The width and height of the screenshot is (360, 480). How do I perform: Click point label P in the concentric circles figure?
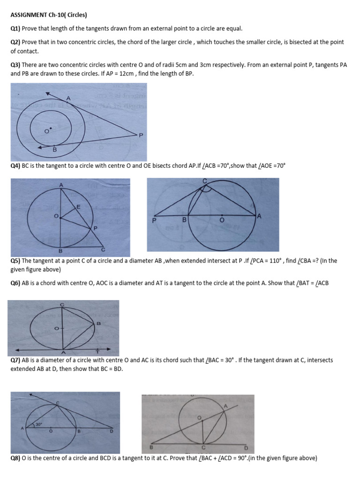pos(140,135)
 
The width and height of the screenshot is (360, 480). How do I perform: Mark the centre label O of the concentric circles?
pos(46,131)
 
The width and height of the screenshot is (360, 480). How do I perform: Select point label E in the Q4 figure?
pos(78,206)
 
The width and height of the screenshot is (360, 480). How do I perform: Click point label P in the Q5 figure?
pos(153,219)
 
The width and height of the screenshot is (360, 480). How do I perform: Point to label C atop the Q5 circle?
pos(204,180)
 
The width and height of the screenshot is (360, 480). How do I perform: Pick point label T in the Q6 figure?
pos(97,352)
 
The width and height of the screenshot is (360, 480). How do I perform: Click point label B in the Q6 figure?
pos(98,323)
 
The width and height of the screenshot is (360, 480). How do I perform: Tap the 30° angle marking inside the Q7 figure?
pos(39,425)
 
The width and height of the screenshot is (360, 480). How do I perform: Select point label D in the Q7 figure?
pos(111,431)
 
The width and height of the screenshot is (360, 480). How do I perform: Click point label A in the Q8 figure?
pos(225,407)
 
